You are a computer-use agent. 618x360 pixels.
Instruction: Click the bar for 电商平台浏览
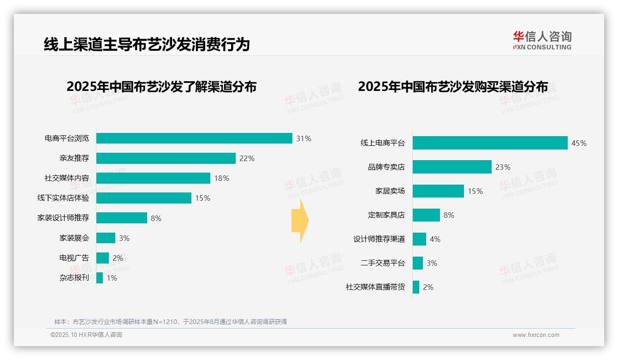click(194, 138)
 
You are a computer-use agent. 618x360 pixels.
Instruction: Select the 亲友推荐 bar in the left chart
click(166, 158)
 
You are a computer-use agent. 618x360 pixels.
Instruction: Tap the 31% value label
click(303, 138)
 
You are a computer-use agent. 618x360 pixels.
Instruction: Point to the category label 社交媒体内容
click(67, 178)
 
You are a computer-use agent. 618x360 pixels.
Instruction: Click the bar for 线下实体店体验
click(144, 198)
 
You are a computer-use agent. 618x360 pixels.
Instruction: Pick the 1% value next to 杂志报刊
click(112, 278)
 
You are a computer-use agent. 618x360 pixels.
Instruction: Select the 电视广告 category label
click(74, 258)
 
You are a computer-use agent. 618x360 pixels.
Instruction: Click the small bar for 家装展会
click(106, 238)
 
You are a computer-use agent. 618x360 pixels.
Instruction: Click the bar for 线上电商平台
click(490, 143)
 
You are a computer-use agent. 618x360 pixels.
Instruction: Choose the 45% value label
click(579, 143)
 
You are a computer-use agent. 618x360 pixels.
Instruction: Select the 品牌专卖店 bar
click(452, 167)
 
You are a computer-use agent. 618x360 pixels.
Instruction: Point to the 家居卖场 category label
click(390, 191)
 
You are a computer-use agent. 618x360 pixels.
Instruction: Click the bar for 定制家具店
click(426, 215)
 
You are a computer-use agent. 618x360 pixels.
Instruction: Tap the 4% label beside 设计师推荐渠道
click(435, 239)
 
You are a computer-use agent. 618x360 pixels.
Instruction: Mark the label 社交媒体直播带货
click(375, 287)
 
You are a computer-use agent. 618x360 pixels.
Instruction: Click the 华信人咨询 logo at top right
click(542, 41)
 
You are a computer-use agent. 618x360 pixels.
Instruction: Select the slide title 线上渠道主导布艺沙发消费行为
click(147, 44)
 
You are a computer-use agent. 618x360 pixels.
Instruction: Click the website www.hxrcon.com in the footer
click(535, 335)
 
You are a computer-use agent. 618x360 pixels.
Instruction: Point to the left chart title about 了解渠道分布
click(161, 87)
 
